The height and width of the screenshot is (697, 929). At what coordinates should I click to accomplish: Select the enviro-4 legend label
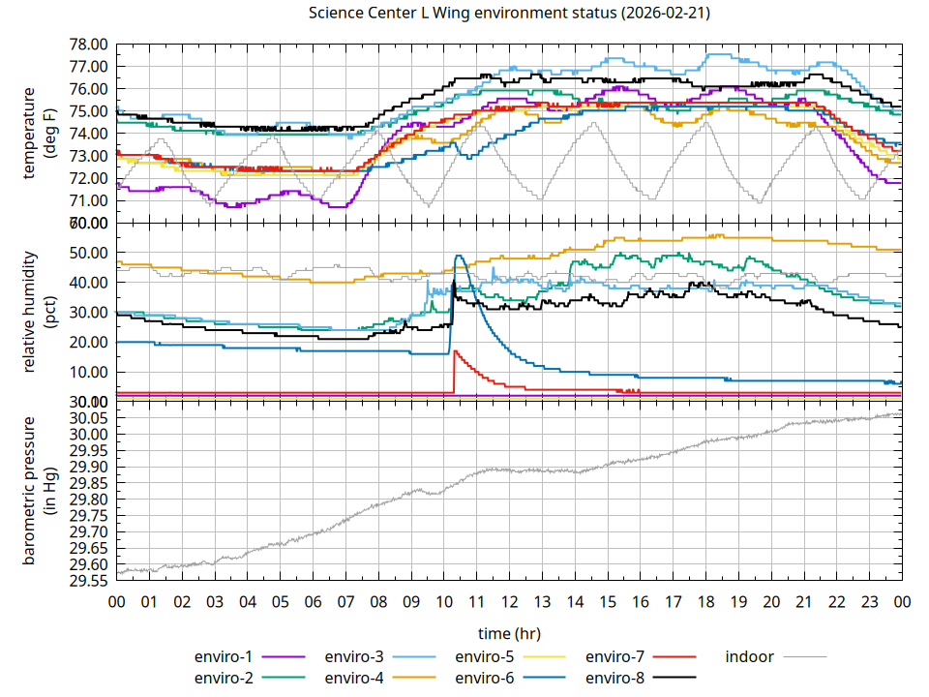(354, 677)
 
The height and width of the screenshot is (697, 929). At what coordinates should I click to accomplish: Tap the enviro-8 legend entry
(615, 677)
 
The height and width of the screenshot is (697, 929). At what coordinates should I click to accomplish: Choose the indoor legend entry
(750, 656)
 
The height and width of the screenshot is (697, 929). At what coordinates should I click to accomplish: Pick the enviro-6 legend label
(485, 677)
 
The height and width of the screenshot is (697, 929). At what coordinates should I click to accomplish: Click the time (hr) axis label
(509, 633)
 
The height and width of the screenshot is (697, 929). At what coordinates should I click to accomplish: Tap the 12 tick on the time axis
(509, 601)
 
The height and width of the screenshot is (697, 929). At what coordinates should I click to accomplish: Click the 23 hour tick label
(869, 601)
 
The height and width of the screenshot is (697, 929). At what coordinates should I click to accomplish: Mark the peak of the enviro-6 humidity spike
(459, 256)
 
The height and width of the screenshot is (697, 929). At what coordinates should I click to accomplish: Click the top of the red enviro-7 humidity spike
(455, 351)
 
